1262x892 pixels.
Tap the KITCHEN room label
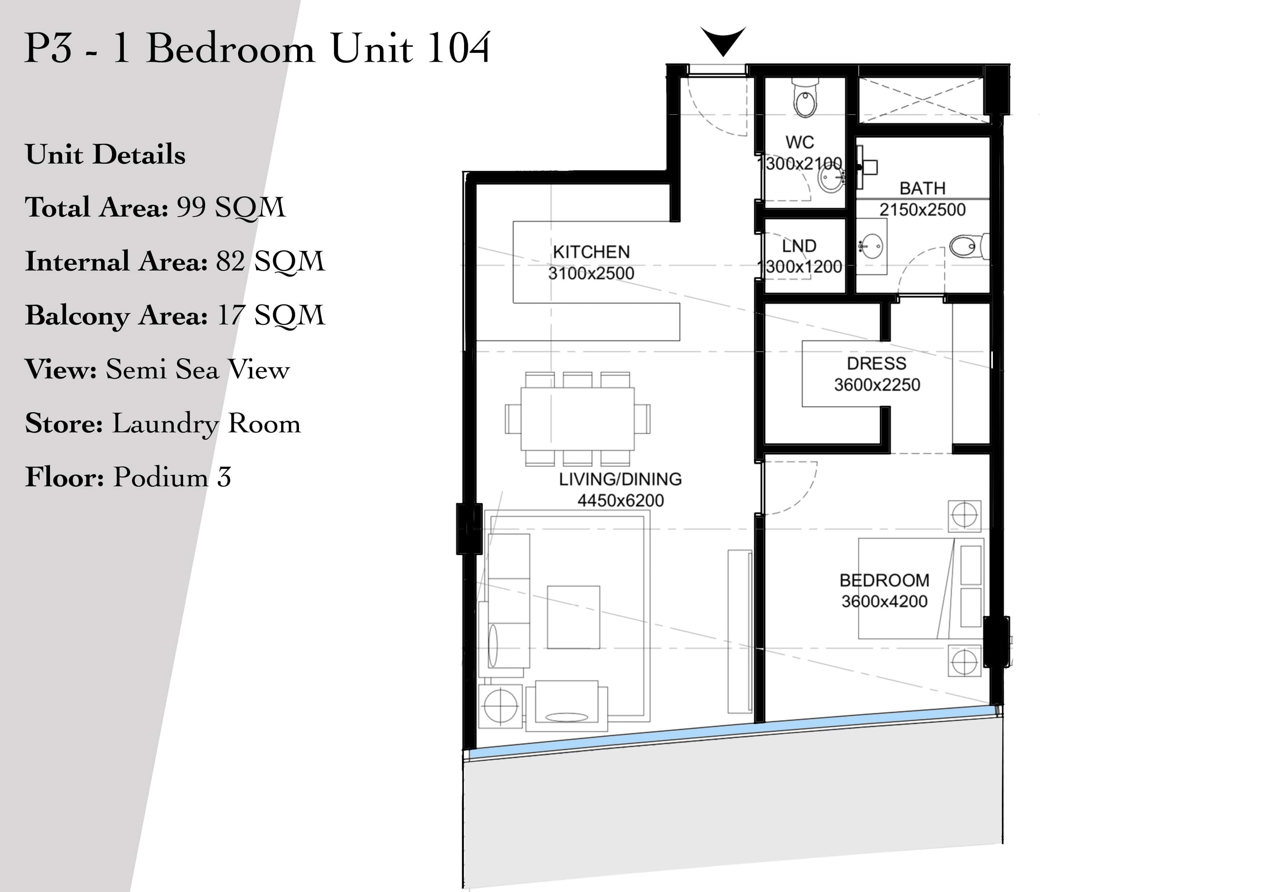(591, 252)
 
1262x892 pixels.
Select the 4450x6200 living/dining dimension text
(621, 500)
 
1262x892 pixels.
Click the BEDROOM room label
(884, 581)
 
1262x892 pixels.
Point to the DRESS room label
(877, 363)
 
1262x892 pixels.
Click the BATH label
(922, 188)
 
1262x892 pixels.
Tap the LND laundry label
(799, 246)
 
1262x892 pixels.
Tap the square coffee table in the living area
(573, 616)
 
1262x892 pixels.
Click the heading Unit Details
(105, 154)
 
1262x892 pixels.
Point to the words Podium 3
(172, 477)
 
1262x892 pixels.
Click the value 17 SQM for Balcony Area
(271, 315)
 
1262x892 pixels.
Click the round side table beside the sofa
(501, 706)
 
